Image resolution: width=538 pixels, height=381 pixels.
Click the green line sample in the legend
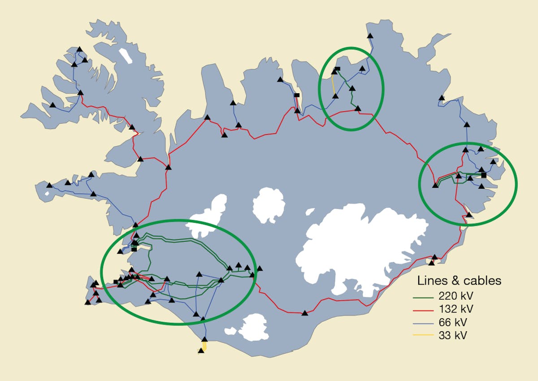pos(423,296)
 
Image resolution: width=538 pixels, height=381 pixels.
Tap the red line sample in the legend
pos(423,309)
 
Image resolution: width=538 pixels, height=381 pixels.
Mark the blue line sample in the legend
pos(423,322)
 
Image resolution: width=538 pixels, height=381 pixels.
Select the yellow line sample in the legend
pos(423,335)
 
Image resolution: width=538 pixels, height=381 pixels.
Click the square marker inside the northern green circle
pos(338,69)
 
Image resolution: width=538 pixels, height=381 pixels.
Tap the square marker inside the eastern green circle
pos(483,175)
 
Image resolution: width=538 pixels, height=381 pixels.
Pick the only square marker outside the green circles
pos(296,95)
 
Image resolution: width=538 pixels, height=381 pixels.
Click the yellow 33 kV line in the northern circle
pos(333,85)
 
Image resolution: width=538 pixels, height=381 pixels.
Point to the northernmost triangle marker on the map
pos(370,36)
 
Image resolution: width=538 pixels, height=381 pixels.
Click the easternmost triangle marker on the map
pos(494,161)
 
